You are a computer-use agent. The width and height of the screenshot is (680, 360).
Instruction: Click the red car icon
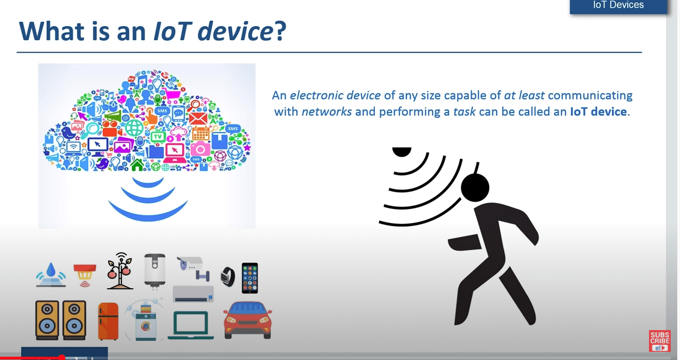[x=248, y=320]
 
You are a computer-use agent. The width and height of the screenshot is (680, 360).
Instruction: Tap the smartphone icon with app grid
[x=250, y=278]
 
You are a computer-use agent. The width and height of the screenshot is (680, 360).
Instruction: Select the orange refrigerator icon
[x=108, y=321]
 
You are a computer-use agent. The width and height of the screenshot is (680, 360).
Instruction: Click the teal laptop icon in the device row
[x=190, y=325]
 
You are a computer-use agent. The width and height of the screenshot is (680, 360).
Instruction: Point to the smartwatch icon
[x=228, y=277]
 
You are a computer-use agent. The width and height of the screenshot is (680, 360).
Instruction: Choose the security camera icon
[x=193, y=268]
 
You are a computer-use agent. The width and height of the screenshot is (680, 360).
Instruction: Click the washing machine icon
[x=146, y=322]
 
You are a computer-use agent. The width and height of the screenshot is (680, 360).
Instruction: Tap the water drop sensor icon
[x=51, y=275]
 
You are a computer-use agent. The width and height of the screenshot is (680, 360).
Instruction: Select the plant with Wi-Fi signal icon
[x=120, y=271]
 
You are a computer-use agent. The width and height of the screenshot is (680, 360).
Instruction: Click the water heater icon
[x=155, y=270]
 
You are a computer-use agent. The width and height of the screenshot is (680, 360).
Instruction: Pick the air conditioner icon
[x=193, y=294]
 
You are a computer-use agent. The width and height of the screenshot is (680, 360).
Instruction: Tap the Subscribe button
[x=660, y=341]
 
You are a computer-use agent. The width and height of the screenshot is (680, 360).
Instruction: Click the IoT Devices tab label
[x=619, y=5]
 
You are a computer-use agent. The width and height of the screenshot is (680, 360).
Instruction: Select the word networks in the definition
[x=326, y=111]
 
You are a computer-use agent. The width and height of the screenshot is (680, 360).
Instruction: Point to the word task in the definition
[x=464, y=111]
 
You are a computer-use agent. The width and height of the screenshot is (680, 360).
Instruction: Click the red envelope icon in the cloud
[x=198, y=119]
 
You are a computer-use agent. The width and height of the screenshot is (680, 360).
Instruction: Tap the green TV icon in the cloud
[x=158, y=137]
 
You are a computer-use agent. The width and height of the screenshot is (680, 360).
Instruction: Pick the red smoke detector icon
[x=85, y=275]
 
